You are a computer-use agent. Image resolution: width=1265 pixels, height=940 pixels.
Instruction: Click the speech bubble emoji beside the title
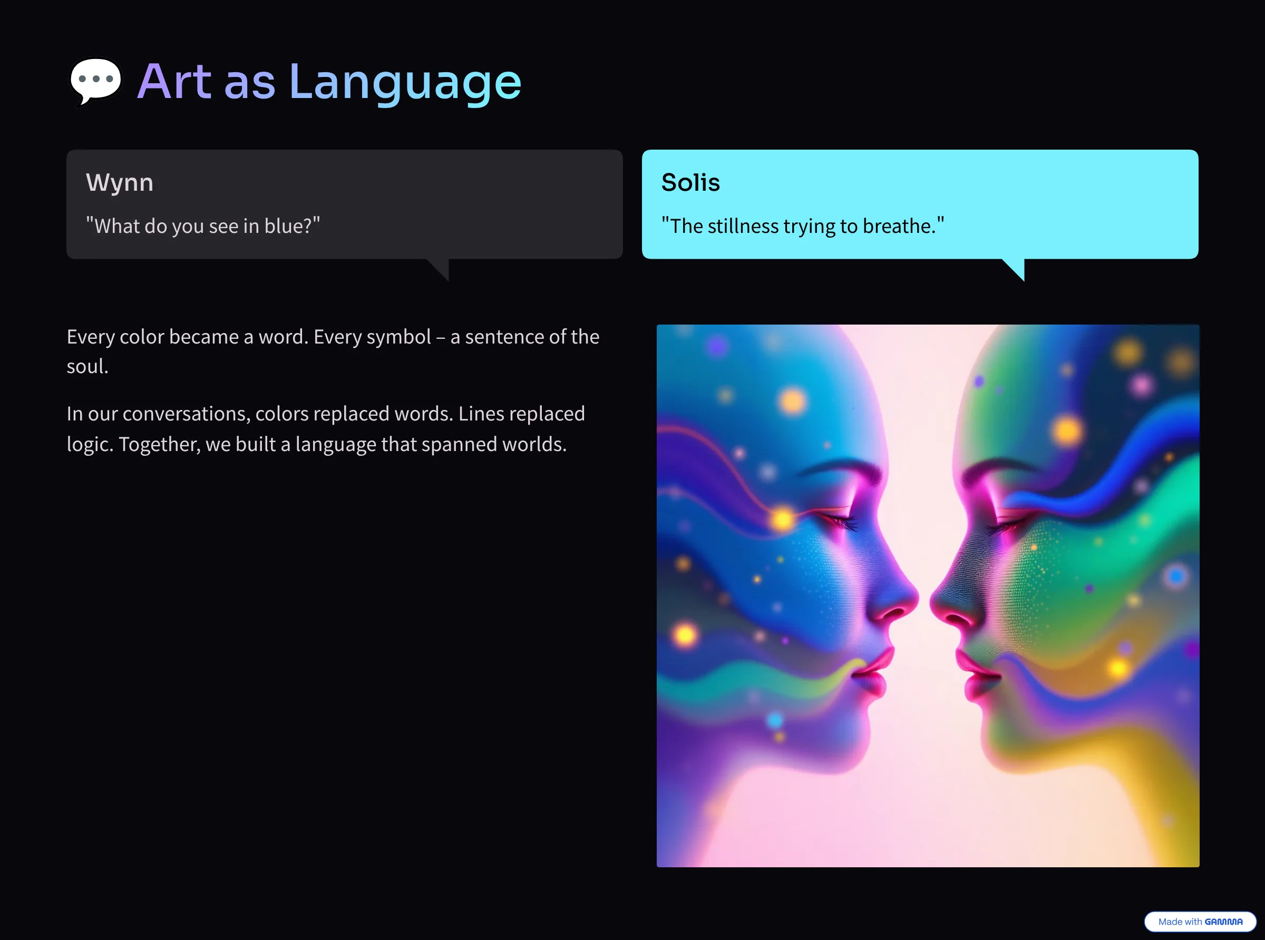click(x=95, y=81)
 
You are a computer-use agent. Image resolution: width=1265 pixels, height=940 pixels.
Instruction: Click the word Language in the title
click(x=405, y=83)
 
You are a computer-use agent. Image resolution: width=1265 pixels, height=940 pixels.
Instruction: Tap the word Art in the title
click(x=174, y=81)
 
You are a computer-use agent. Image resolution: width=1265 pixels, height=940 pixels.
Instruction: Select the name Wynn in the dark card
click(x=120, y=183)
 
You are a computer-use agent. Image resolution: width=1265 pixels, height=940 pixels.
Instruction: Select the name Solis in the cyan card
click(x=690, y=182)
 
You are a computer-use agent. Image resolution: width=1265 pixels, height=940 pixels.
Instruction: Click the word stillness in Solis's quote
click(x=743, y=226)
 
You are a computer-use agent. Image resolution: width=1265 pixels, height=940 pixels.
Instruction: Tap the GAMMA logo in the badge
click(x=1223, y=922)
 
